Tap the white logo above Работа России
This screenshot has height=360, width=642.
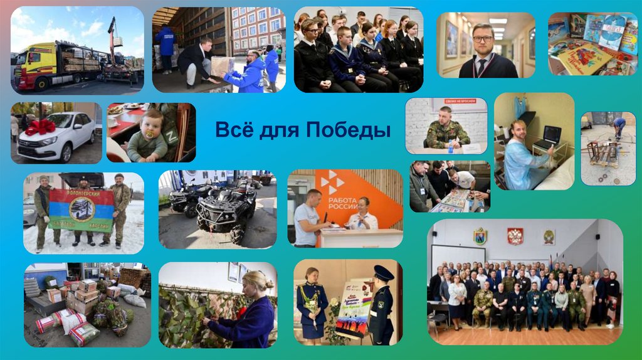coord(332,183)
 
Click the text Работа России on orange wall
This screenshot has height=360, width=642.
coord(342,205)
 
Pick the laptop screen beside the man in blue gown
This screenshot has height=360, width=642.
coord(551,134)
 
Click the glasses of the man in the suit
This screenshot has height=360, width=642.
coord(483,38)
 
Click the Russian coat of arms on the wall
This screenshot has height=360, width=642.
coord(515,236)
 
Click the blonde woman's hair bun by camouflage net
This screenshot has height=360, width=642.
coord(258,275)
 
